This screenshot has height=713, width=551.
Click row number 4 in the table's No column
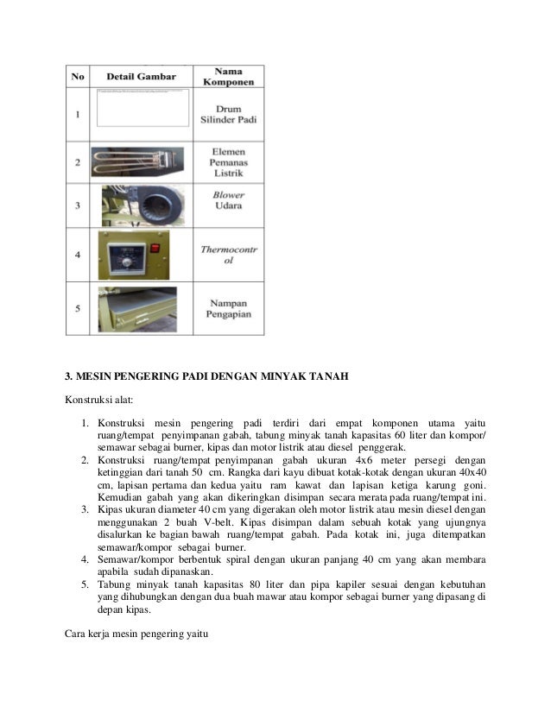pos(79,255)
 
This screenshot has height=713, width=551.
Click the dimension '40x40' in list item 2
pos(471,472)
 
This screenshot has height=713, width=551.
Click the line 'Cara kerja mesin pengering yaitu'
pos(137,637)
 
